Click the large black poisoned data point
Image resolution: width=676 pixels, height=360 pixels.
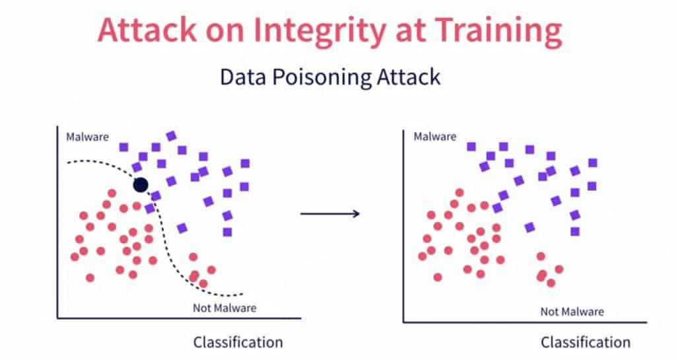[141, 185]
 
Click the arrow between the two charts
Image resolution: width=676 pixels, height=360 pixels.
[329, 213]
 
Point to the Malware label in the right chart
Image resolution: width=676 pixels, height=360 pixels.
[434, 137]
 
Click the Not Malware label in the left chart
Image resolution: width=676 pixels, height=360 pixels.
[224, 308]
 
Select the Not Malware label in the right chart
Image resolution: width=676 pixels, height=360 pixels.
[572, 312]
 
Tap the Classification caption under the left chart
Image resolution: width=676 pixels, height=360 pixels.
[238, 342]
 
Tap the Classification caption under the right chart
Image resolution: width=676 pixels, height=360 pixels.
[586, 342]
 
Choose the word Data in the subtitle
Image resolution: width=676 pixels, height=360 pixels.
[242, 77]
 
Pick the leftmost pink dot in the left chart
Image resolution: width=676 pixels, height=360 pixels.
[75, 256]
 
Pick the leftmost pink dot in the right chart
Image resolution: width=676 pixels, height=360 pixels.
[422, 256]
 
